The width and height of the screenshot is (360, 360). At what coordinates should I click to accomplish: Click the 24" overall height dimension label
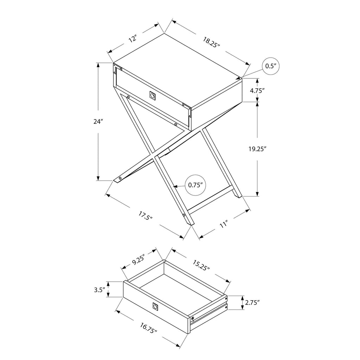(98, 121)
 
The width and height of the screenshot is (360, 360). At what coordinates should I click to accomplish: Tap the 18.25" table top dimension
(211, 42)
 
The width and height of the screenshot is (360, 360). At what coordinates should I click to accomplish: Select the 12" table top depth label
(133, 39)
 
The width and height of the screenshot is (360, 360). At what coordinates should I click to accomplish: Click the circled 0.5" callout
(271, 66)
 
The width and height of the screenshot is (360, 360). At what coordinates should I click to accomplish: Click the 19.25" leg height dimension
(257, 149)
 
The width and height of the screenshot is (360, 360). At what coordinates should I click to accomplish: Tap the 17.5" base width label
(146, 216)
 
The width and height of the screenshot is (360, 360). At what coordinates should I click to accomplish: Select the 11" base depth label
(224, 224)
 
